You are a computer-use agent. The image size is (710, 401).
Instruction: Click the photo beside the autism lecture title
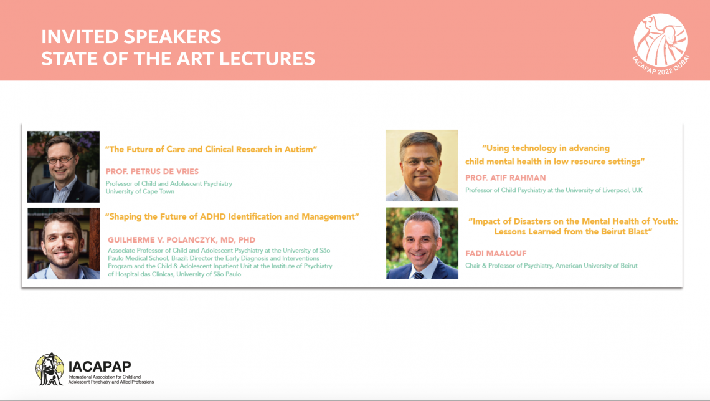click(x=64, y=167)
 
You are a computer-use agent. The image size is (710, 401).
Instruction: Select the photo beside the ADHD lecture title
click(x=64, y=243)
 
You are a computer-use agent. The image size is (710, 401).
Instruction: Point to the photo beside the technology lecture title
click(x=422, y=165)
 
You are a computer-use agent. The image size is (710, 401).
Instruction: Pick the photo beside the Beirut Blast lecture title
click(x=422, y=243)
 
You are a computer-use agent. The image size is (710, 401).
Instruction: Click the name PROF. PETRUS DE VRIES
click(x=152, y=172)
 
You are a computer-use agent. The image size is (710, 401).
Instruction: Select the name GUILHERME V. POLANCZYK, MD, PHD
click(x=182, y=240)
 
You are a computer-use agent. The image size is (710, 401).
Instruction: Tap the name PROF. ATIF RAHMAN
click(x=506, y=178)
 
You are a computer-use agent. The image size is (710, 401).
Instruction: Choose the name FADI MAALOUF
click(x=496, y=254)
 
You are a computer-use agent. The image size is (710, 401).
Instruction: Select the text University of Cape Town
click(x=140, y=191)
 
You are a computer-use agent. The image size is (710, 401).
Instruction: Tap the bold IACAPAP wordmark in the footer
click(x=100, y=367)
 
